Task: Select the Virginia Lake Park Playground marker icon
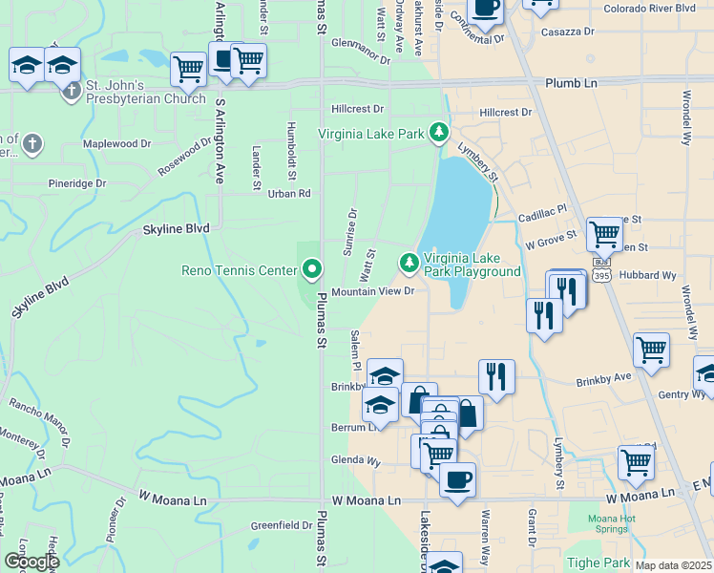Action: tap(409, 261)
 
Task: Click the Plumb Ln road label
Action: tap(571, 84)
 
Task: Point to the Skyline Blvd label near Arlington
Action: tap(176, 229)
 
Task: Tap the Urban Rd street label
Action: tap(289, 194)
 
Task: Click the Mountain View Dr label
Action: tap(373, 291)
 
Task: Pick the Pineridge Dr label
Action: tap(77, 183)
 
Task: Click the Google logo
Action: tap(31, 562)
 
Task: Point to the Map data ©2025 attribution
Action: tap(673, 565)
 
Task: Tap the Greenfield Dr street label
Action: tap(282, 525)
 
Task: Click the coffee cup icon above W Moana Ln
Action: tap(457, 478)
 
